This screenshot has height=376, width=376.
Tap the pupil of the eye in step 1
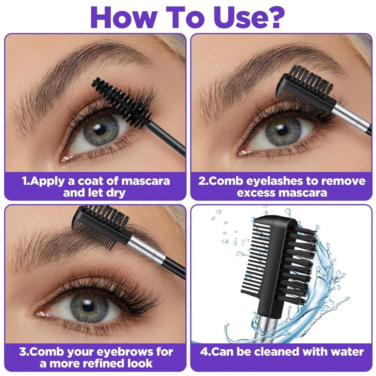tap(100, 129)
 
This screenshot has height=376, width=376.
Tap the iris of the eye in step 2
tap(283, 131)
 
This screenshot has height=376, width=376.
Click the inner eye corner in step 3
tap(41, 313)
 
